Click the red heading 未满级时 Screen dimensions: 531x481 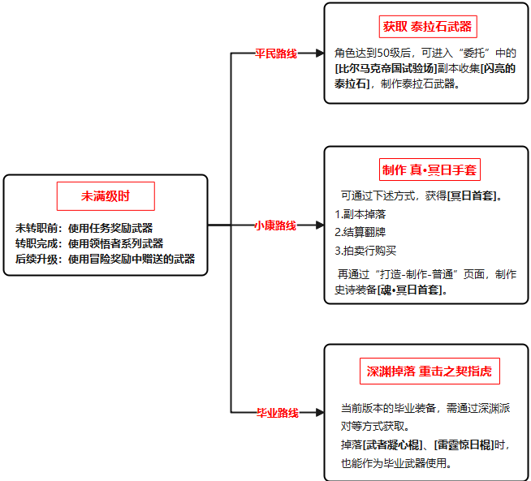[x=106, y=196]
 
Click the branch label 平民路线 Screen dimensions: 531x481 [x=276, y=54]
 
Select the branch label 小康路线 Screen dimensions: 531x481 [x=275, y=225]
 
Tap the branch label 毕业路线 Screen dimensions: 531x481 [x=278, y=413]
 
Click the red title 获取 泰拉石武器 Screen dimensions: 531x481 [x=428, y=27]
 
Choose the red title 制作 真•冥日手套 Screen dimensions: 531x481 [x=430, y=170]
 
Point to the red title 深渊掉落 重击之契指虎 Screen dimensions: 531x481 [x=430, y=371]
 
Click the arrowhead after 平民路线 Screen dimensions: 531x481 [x=320, y=53]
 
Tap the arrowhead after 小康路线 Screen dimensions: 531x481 [x=320, y=225]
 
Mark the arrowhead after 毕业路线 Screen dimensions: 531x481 [x=320, y=412]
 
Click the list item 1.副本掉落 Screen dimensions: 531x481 [x=360, y=214]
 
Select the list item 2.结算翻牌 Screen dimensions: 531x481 [x=360, y=232]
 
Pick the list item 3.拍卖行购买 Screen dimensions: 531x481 [x=365, y=251]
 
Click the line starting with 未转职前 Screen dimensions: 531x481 [x=84, y=228]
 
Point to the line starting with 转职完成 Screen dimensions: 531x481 [x=89, y=243]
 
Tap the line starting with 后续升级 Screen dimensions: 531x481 [x=105, y=259]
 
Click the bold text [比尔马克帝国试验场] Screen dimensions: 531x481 [x=386, y=68]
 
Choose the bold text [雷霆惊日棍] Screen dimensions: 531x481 [x=464, y=444]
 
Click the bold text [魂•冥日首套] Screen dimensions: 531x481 [x=410, y=290]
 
